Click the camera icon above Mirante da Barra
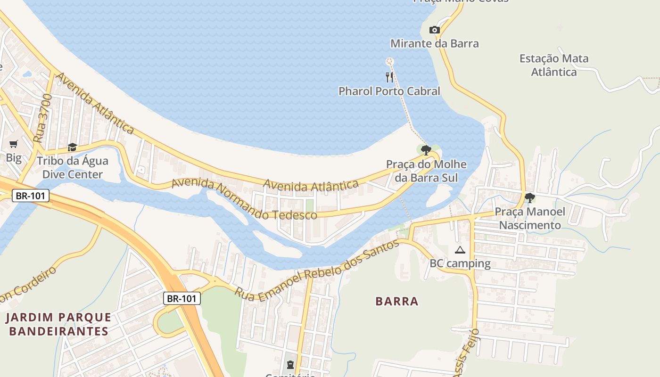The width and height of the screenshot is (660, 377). pyautogui.click(x=434, y=30)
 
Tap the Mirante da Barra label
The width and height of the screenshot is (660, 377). pyautogui.click(x=434, y=44)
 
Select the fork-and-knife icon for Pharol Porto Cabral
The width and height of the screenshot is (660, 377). pyautogui.click(x=389, y=77)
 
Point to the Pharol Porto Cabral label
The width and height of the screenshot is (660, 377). pyautogui.click(x=389, y=91)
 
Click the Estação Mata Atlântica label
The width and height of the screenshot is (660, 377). pyautogui.click(x=554, y=65)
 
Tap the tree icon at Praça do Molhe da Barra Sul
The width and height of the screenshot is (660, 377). pyautogui.click(x=426, y=150)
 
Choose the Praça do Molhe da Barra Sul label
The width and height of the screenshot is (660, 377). pyautogui.click(x=426, y=171)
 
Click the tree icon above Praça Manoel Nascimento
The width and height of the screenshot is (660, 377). pyautogui.click(x=530, y=197)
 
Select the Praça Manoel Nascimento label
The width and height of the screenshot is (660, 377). pyautogui.click(x=530, y=218)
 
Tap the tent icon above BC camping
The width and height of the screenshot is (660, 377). pyautogui.click(x=460, y=250)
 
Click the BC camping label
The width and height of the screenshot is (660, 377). pyautogui.click(x=460, y=263)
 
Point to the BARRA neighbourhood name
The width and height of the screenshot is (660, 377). pyautogui.click(x=397, y=301)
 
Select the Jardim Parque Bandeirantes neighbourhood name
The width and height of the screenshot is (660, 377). pyautogui.click(x=58, y=324)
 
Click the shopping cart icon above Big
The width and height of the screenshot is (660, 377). pyautogui.click(x=13, y=144)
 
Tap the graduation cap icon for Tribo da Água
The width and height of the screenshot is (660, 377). pyautogui.click(x=72, y=147)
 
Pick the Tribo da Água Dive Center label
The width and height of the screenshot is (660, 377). pyautogui.click(x=72, y=168)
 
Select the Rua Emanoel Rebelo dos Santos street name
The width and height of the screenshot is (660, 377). pyautogui.click(x=317, y=268)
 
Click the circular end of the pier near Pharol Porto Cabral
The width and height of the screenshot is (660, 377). pyautogui.click(x=389, y=61)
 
